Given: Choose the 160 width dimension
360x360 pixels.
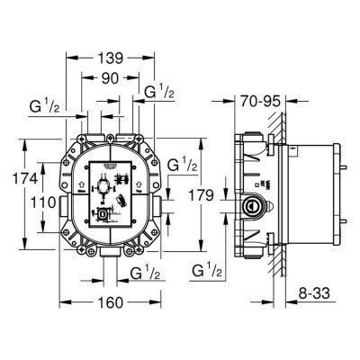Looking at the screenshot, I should (108, 301).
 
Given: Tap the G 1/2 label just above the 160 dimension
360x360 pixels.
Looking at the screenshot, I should (146, 272).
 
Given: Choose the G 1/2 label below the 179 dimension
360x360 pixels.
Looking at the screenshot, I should (209, 268).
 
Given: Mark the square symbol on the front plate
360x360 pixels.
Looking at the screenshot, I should (104, 213).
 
